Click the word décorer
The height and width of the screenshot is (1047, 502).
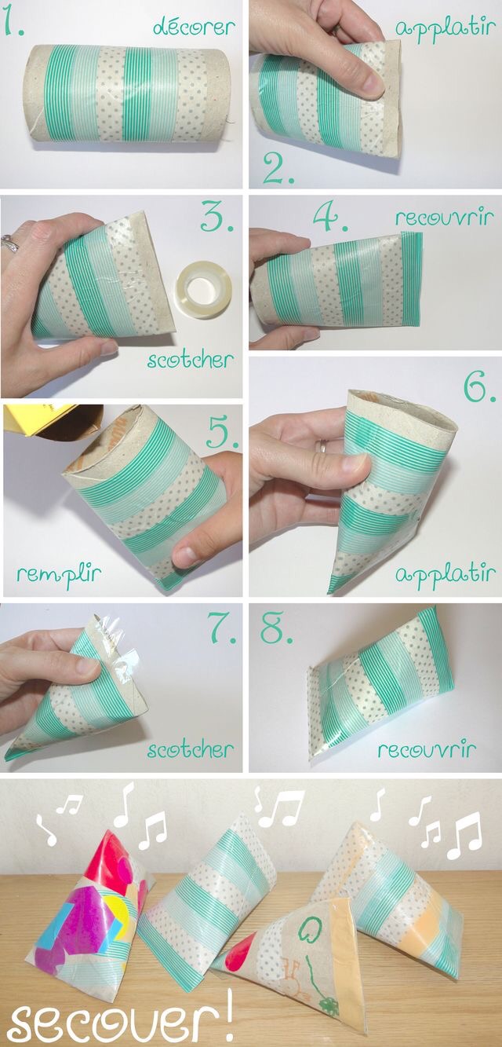point(194,27)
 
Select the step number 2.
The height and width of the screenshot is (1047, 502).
point(278,168)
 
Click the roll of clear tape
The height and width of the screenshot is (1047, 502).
point(204,290)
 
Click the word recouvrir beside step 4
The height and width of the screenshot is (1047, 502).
point(444,218)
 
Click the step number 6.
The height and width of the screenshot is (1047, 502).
point(478,387)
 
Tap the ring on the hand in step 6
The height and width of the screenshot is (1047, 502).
point(322,445)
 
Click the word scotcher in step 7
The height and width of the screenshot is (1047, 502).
point(190,751)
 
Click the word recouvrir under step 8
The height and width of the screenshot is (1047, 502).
point(427,751)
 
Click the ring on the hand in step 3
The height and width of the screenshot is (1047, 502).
point(9,243)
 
